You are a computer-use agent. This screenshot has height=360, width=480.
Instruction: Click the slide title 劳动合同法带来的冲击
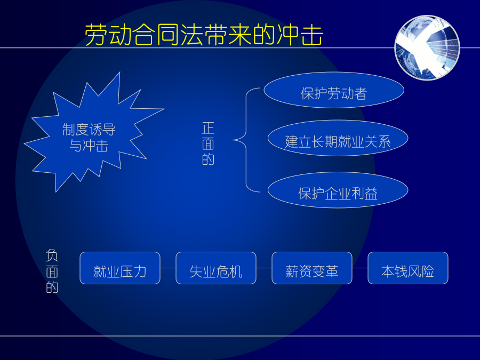coord(204,35)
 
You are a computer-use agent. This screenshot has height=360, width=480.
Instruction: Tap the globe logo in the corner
coord(427,48)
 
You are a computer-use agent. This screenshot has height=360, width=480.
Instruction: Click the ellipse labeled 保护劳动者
coord(334,90)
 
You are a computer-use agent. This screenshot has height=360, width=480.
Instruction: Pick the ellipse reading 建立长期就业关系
coord(338,138)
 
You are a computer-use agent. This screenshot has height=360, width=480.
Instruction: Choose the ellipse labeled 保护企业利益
coord(338,190)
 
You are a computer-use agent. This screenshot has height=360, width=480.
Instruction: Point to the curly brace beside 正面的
coord(246,140)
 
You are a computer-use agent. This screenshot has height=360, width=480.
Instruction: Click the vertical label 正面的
coord(208,143)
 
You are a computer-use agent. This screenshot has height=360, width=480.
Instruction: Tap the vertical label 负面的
coord(52,271)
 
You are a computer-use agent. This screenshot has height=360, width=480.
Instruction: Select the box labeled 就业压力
coord(120,268)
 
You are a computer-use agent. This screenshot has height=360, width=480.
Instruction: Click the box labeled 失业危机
coord(216,268)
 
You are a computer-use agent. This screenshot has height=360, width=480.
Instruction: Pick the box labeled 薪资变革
coord(312,268)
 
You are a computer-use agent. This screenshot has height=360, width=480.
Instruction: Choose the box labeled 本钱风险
coord(408,268)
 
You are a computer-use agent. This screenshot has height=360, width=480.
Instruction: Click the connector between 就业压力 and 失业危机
coord(168,268)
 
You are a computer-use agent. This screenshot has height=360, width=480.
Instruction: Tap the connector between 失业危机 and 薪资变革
coord(264,268)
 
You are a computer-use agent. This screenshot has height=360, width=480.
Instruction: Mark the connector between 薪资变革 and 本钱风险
coord(360,268)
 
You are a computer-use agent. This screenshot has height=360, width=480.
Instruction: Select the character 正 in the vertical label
coord(208,128)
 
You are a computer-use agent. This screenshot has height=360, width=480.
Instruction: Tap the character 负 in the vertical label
coord(52,255)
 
